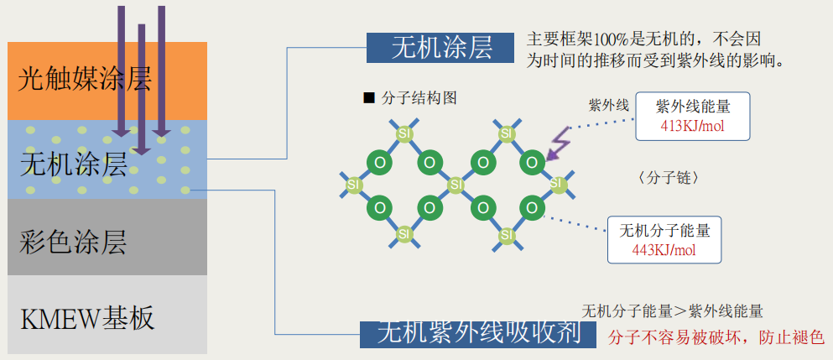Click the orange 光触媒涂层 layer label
point(84,80)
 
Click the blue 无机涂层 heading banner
point(440,47)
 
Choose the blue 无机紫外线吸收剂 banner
point(479,333)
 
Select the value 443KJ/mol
point(664,249)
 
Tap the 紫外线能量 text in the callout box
point(693,107)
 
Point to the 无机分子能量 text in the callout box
point(664,230)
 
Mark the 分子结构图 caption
point(419,98)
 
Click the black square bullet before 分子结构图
point(368,98)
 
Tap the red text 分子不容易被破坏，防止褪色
point(716,337)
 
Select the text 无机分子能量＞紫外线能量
point(672,311)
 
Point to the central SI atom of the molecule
point(456,183)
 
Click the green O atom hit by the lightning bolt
point(532,161)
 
